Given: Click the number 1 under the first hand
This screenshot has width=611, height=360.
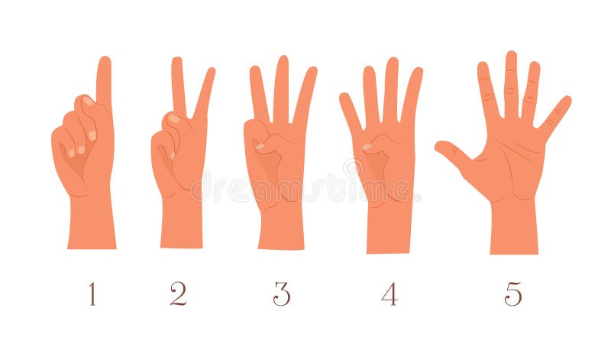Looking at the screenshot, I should [x=92, y=294].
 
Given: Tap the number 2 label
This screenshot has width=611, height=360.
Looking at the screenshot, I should [x=178, y=294].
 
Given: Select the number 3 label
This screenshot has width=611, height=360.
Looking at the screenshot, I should [x=282, y=294].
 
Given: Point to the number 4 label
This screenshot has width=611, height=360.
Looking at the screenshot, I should [x=390, y=294].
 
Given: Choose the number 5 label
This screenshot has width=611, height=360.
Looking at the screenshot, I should [x=513, y=294].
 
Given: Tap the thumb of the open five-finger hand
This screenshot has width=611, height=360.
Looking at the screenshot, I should [x=454, y=152].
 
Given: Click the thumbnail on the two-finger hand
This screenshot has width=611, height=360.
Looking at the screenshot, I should [x=175, y=118].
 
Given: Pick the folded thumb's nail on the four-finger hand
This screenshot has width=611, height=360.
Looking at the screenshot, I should [x=367, y=146].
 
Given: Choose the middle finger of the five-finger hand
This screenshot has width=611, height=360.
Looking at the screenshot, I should [x=511, y=84].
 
